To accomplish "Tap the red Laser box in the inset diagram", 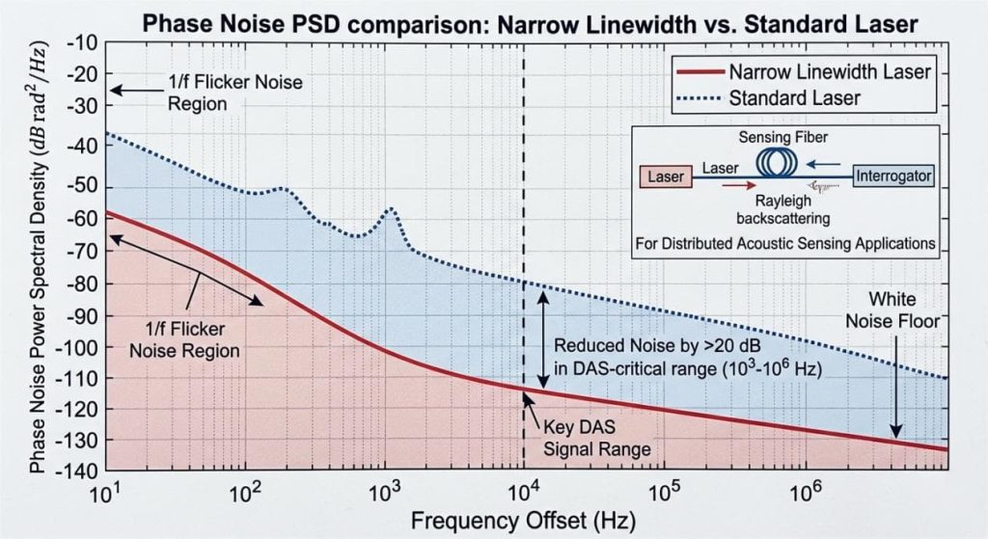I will [x=666, y=176].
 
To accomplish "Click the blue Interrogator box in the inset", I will [x=892, y=176].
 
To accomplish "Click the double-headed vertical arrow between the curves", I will [x=543, y=337].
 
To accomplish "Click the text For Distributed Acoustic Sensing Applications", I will [x=784, y=243].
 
